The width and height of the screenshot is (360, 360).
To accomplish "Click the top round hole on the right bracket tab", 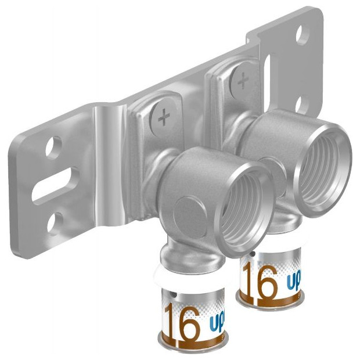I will coord(303,35).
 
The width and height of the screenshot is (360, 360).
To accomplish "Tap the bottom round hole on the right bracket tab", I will coord(302,103).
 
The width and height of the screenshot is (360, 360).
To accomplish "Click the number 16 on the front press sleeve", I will coord(182,319).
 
